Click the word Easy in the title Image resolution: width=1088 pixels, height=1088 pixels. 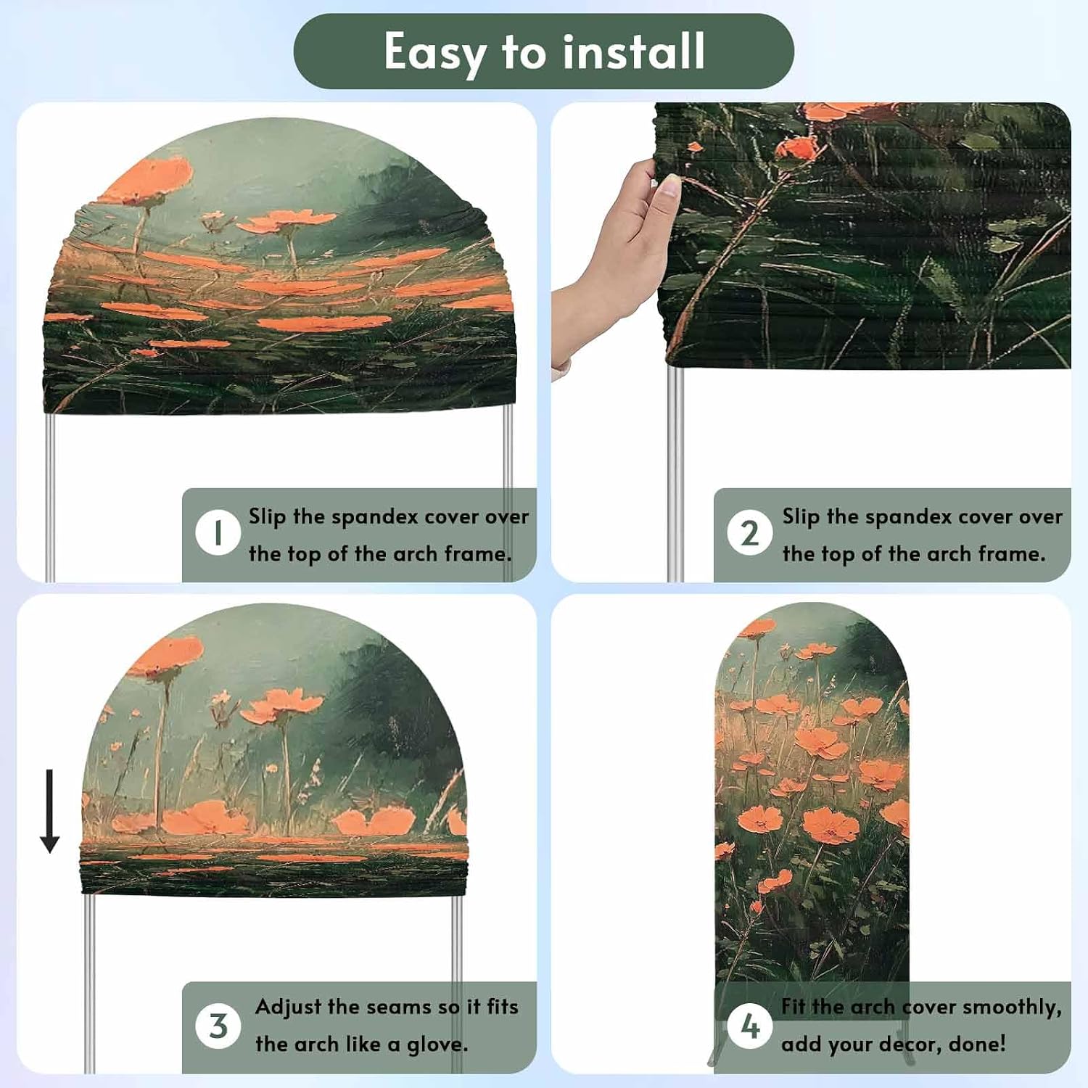[434, 53]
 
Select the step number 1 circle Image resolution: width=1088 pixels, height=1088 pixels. [218, 533]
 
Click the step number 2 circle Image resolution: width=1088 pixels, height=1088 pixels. [749, 533]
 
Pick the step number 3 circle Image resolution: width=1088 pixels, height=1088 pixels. [218, 1026]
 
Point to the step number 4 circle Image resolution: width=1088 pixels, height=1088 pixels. [749, 1026]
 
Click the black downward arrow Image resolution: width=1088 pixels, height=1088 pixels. [49, 811]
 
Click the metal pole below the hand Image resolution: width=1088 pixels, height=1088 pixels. [675, 471]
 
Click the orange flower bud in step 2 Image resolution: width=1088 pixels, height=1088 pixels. [798, 148]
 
